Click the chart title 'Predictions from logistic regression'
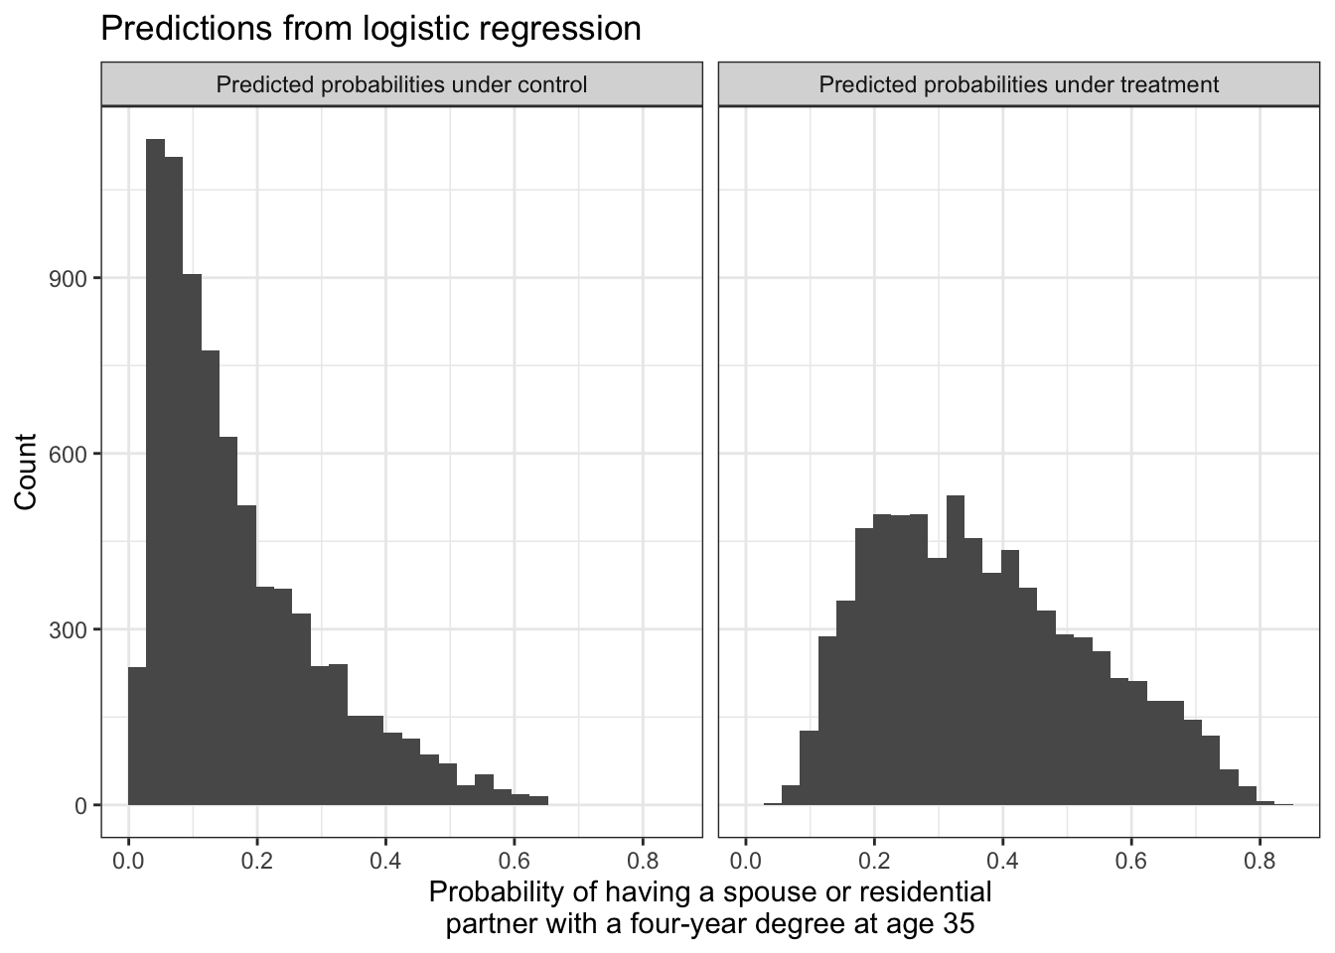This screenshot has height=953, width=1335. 371,29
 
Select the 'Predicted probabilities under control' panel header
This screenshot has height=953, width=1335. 401,85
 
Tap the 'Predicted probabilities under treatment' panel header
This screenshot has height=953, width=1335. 1018,85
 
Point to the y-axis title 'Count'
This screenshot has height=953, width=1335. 27,472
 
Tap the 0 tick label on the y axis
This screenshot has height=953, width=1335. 80,806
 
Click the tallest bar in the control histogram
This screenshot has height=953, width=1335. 155,476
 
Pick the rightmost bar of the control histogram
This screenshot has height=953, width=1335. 538,800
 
